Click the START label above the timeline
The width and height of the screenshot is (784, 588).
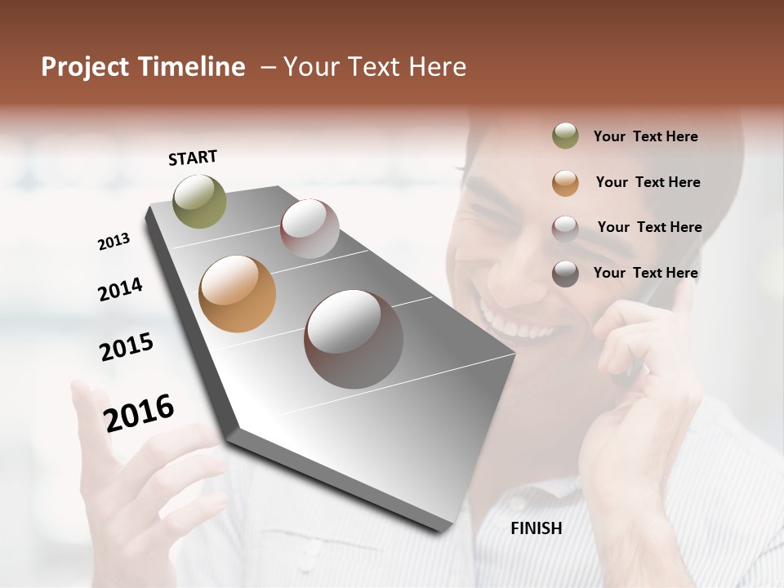(193, 158)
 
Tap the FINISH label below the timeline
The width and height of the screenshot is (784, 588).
(536, 528)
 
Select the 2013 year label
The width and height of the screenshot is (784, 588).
(114, 242)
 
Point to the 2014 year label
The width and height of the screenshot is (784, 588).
(120, 289)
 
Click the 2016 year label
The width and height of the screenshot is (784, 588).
(139, 412)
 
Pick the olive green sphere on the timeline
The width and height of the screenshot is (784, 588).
(199, 201)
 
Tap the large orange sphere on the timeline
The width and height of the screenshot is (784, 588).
(237, 294)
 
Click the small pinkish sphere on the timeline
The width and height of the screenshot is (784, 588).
(310, 229)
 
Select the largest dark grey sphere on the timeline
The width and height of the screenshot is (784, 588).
(354, 339)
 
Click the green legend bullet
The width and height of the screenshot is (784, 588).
(565, 136)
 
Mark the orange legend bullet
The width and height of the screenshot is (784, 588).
(565, 183)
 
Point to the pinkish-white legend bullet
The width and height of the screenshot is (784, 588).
(565, 229)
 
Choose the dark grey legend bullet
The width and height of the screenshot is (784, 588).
(565, 274)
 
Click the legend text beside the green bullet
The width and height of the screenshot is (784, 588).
(645, 136)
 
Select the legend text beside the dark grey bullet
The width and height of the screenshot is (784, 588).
(645, 273)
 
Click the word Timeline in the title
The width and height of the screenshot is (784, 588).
(191, 67)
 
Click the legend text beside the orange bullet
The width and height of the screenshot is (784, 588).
(648, 182)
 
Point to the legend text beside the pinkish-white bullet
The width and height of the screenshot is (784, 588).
(649, 227)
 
